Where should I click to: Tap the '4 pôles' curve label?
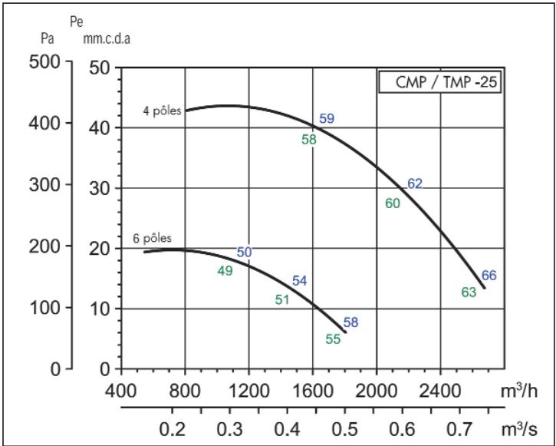(x=162, y=110)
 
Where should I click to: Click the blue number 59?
(x=327, y=119)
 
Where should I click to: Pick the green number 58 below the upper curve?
(x=309, y=140)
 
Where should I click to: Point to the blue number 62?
(x=415, y=183)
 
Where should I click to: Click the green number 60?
(x=393, y=203)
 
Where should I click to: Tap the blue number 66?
(x=489, y=276)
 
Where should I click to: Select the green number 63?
(x=469, y=292)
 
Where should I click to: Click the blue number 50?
(x=244, y=252)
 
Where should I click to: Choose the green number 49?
(x=225, y=270)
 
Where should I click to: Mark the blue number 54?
(x=299, y=281)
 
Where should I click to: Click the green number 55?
(x=333, y=339)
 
